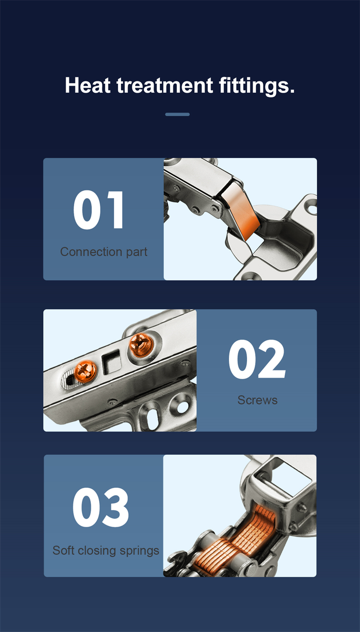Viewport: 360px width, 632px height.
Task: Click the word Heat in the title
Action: point(88,85)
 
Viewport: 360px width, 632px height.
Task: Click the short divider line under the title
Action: point(177,114)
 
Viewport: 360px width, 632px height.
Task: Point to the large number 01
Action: point(99,211)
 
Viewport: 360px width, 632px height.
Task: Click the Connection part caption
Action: point(103,252)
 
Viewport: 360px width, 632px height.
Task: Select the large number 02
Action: point(256,360)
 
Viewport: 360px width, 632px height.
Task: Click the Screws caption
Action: point(257,400)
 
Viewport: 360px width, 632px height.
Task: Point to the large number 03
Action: point(100,508)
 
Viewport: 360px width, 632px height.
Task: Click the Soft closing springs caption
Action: point(106,550)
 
